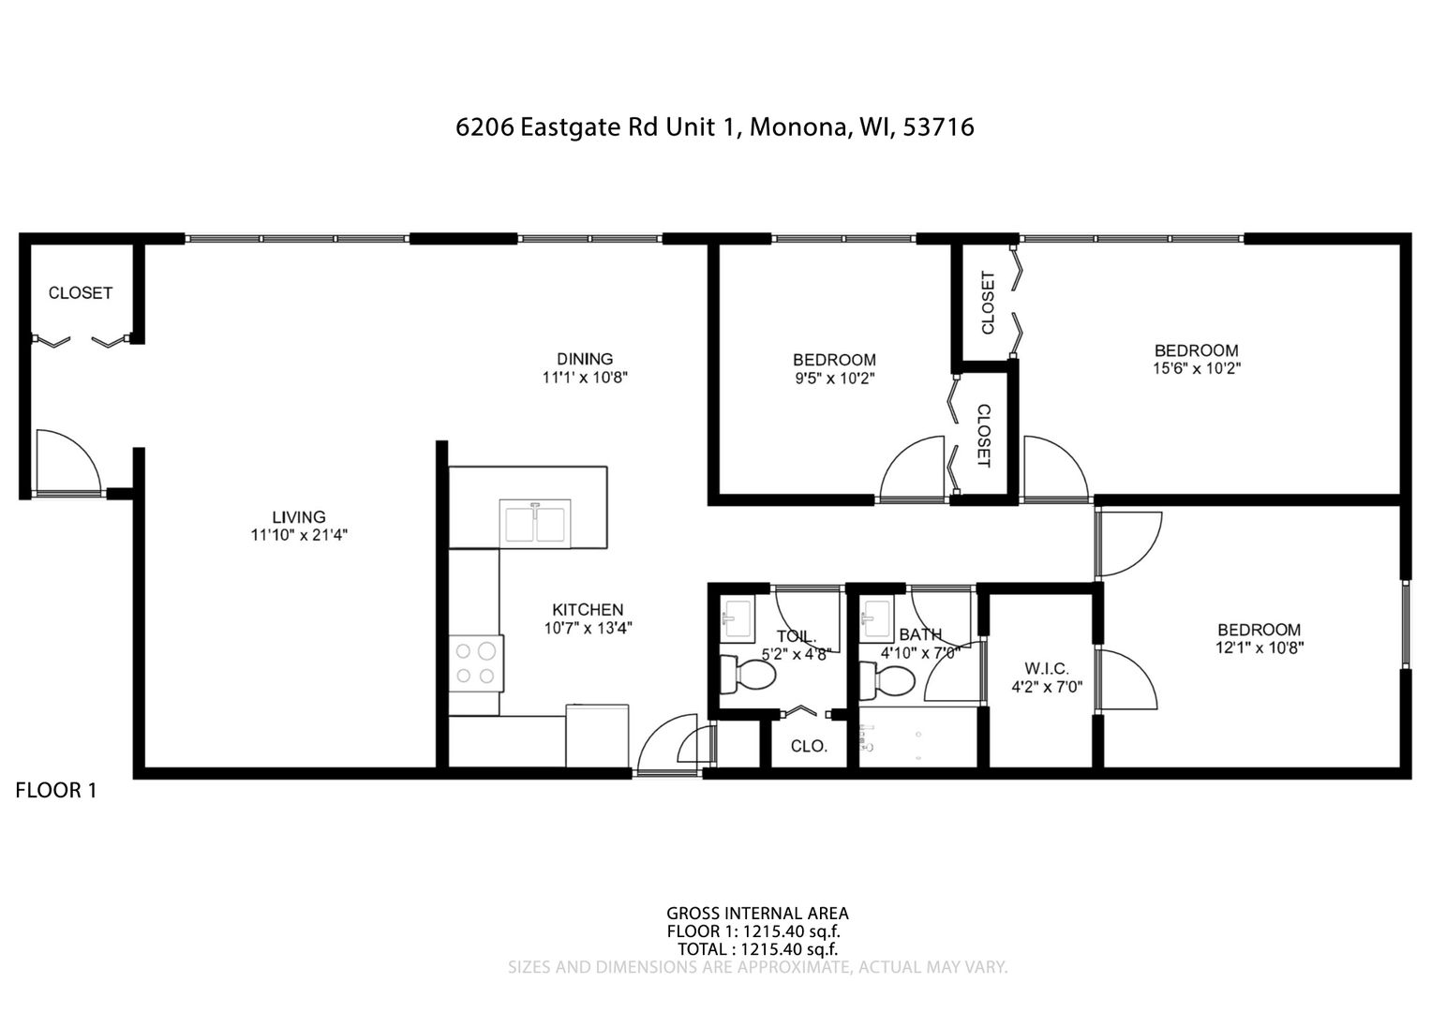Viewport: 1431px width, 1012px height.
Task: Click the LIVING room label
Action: (x=299, y=516)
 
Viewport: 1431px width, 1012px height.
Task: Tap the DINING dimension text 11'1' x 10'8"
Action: (x=585, y=378)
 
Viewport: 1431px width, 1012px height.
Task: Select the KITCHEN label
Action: (x=587, y=609)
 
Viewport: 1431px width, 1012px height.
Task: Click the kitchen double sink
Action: (x=535, y=524)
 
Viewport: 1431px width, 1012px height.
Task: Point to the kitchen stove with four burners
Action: (x=476, y=663)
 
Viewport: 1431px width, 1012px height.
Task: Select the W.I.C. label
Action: (x=1047, y=668)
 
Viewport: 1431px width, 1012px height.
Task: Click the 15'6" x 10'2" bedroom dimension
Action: (x=1197, y=368)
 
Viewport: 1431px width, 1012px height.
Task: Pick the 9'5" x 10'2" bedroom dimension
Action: (x=834, y=379)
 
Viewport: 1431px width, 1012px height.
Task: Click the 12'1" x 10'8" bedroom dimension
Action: (x=1260, y=647)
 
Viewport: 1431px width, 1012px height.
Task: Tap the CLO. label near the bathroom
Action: (x=809, y=746)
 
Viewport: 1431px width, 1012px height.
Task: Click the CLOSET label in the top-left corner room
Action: (x=81, y=292)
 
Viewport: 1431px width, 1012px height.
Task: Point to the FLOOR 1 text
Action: (x=56, y=790)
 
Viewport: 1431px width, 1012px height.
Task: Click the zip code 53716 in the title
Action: (x=938, y=127)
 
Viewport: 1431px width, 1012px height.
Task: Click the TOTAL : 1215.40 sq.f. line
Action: (x=757, y=949)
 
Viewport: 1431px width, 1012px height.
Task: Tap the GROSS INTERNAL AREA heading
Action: (x=757, y=914)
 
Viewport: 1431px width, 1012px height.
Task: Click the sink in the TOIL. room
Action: (x=738, y=619)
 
